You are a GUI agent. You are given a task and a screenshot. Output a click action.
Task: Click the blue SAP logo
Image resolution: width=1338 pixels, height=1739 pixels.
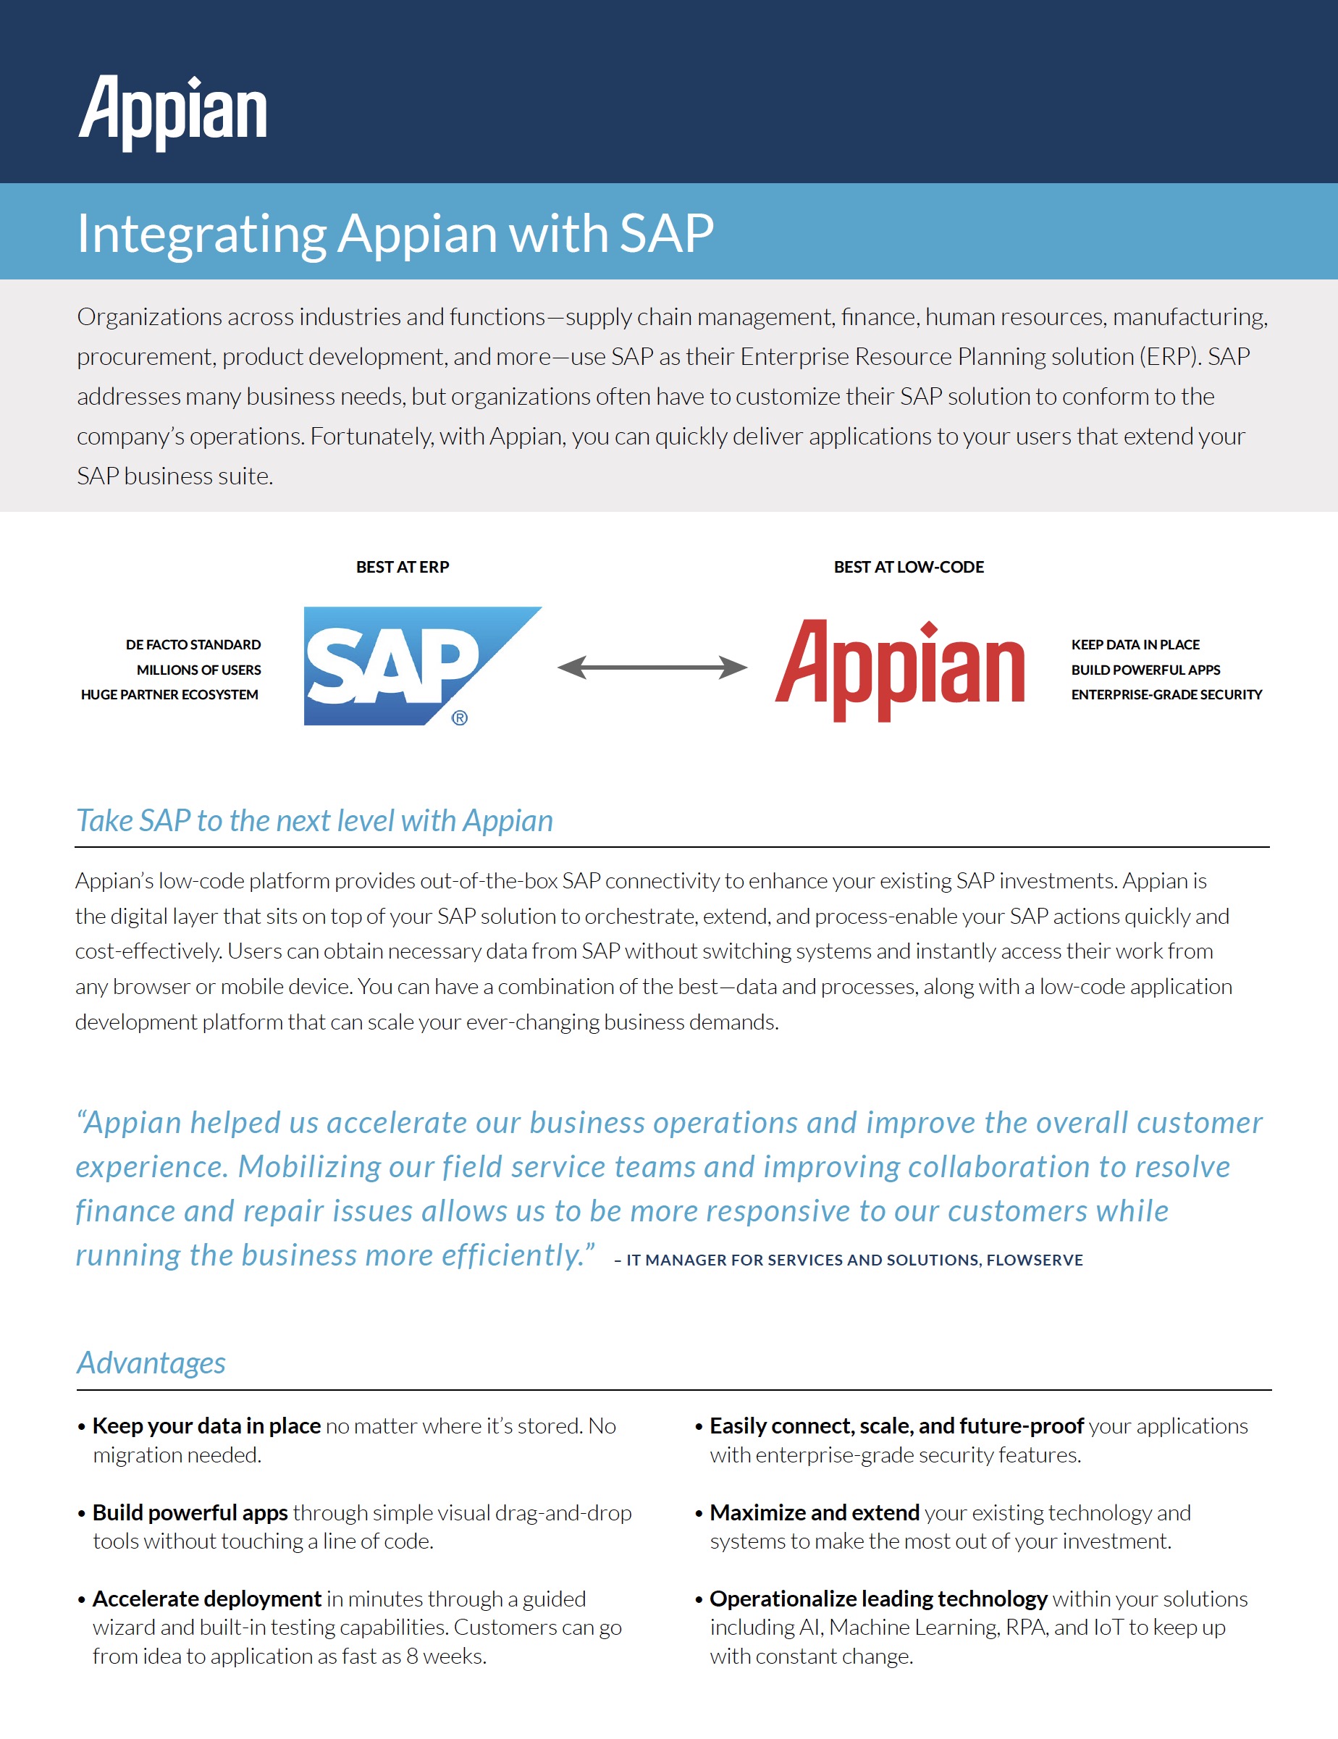(x=423, y=665)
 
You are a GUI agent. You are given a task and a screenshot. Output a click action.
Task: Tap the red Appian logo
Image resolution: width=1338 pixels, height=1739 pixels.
(x=900, y=670)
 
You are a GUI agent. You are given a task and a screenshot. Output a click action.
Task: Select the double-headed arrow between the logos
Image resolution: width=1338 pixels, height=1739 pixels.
(x=652, y=668)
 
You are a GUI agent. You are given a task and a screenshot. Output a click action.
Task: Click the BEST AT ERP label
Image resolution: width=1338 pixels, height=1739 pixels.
(x=403, y=567)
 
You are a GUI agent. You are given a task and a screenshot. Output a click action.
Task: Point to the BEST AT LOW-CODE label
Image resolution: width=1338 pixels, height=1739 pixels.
(x=909, y=567)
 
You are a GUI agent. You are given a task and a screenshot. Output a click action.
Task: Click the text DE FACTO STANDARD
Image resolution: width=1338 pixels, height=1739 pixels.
(x=193, y=645)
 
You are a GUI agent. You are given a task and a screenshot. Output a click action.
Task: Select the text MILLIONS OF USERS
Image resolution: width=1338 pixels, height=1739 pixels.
(x=199, y=670)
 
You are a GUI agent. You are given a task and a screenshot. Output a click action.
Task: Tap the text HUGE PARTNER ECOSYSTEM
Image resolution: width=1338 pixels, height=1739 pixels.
(x=169, y=695)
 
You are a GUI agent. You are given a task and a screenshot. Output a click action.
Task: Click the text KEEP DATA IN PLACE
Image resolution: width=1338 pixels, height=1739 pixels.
(x=1136, y=645)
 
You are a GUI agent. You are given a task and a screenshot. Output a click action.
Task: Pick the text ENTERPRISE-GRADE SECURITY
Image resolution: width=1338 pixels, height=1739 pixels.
(x=1167, y=695)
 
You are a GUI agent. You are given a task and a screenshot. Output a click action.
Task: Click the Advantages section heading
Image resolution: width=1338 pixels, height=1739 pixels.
(x=151, y=1363)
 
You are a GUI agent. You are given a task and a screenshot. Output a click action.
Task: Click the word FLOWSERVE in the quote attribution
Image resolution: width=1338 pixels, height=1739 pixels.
(x=1035, y=1260)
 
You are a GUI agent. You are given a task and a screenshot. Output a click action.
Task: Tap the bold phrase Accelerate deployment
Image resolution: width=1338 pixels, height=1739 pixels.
(x=207, y=1599)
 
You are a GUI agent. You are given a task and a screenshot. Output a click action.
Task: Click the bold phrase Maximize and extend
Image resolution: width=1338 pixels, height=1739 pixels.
(x=815, y=1513)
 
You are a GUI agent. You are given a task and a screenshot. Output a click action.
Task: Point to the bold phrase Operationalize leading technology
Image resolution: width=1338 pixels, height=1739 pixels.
(x=878, y=1599)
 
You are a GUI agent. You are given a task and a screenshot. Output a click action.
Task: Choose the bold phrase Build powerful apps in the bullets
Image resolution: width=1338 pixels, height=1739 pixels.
(x=190, y=1513)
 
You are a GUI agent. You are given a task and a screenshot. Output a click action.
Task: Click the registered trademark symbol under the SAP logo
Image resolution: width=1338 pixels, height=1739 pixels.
(x=460, y=718)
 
